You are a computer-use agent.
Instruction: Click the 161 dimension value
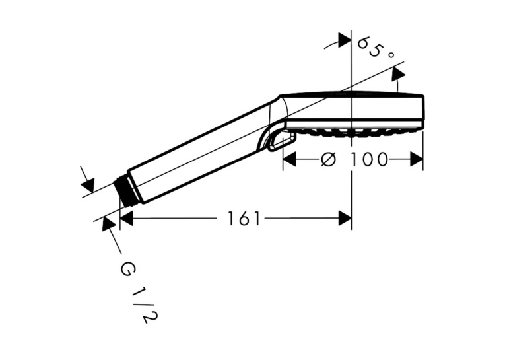point(244,219)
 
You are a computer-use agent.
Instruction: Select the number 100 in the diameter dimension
point(369,160)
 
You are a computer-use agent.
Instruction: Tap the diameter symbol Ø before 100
point(329,160)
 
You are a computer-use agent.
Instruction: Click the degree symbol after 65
point(391,55)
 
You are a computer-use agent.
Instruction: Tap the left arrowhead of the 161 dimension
point(126,219)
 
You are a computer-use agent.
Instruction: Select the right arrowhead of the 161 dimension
point(345,219)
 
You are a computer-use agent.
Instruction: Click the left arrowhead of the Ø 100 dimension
point(290,159)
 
